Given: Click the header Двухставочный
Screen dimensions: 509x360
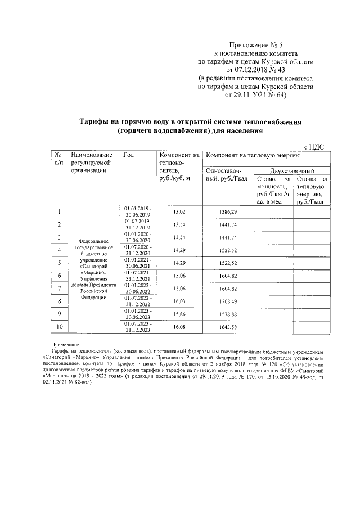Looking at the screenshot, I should pyautogui.click(x=292, y=171).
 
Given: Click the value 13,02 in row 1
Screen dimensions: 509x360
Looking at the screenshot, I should pyautogui.click(x=179, y=211).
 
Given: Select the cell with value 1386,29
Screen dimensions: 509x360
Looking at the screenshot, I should pyautogui.click(x=227, y=211).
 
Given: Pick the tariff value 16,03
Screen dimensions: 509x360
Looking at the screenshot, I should pyautogui.click(x=179, y=301).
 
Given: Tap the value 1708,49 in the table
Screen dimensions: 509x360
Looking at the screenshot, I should pyautogui.click(x=227, y=301).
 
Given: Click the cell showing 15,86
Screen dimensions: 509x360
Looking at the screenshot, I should pyautogui.click(x=179, y=314).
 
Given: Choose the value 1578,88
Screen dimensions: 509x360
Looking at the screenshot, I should pyautogui.click(x=227, y=314).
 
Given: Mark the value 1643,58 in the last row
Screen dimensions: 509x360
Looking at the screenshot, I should pyautogui.click(x=227, y=327).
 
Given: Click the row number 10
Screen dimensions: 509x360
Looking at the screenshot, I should pyautogui.click(x=58, y=327).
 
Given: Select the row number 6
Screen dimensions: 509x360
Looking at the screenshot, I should pyautogui.click(x=58, y=276).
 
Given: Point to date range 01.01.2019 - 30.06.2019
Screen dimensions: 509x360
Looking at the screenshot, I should pyautogui.click(x=138, y=211).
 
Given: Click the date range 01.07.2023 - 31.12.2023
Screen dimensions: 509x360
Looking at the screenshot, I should pyautogui.click(x=138, y=327).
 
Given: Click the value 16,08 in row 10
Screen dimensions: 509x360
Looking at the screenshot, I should pyautogui.click(x=179, y=327).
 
